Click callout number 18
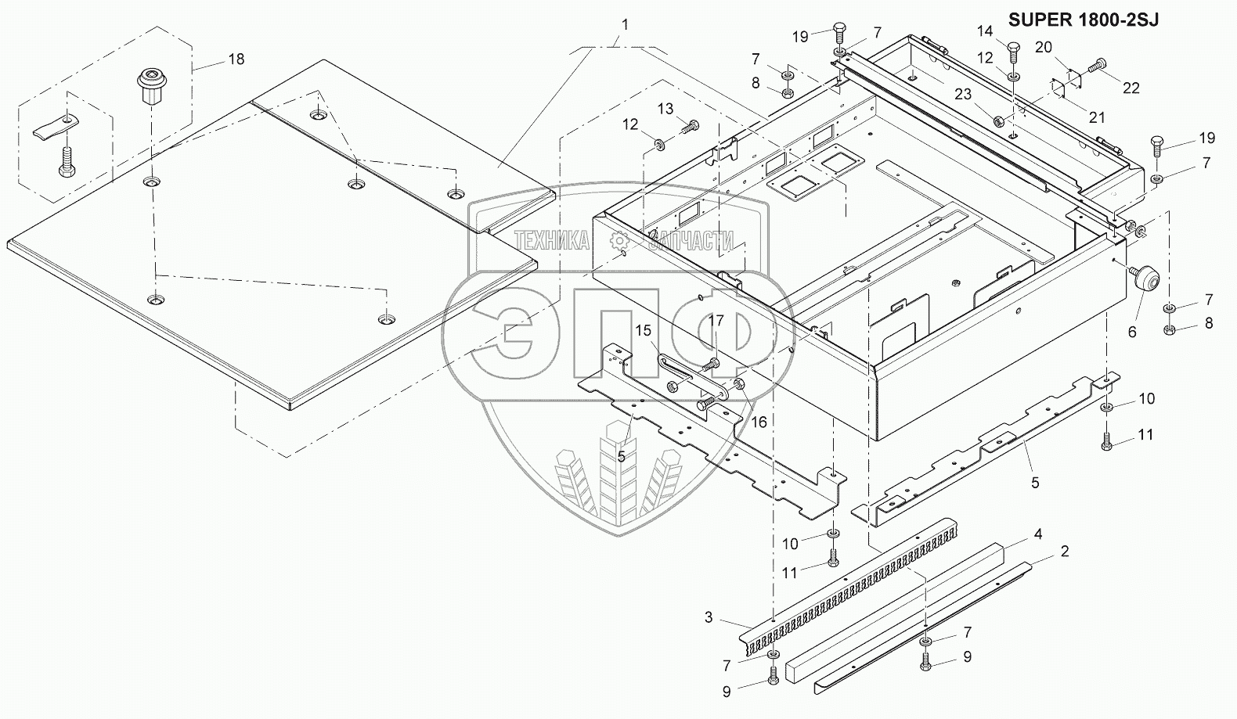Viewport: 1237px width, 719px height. (236, 59)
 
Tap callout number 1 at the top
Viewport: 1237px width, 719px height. (625, 24)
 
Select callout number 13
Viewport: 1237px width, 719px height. (665, 109)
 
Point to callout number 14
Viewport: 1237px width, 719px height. (984, 31)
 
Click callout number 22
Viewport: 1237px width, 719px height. (1131, 88)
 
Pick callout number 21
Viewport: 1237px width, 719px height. (1097, 117)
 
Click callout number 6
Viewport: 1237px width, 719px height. (1132, 331)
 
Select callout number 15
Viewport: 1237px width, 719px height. (643, 331)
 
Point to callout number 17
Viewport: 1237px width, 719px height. (717, 320)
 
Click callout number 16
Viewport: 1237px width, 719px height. (759, 422)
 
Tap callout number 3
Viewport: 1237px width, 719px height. (708, 617)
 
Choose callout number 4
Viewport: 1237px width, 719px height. (1037, 534)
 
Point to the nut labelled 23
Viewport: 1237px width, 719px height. (999, 121)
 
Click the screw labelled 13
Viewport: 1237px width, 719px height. (689, 124)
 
